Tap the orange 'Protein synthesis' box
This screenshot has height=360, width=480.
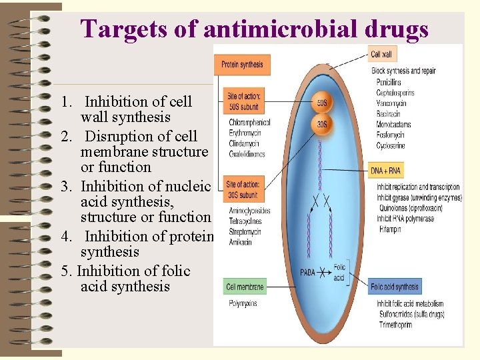click(241, 65)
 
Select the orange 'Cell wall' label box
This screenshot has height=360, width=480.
click(381, 55)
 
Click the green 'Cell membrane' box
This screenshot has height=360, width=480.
click(245, 287)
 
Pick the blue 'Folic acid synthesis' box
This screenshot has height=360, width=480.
click(395, 287)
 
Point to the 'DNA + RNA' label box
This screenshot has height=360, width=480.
click(386, 171)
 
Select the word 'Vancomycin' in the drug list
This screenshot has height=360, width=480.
click(392, 104)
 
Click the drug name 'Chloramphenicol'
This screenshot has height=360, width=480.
click(249, 123)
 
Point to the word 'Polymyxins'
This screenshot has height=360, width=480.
click(244, 303)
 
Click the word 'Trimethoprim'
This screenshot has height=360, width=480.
click(394, 325)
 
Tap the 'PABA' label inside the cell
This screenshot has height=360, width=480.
click(307, 272)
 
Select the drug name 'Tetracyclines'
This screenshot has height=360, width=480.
click(246, 221)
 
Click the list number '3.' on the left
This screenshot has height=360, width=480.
click(67, 187)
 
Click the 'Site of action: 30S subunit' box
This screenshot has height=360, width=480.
click(242, 190)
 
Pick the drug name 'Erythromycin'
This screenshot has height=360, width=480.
click(245, 133)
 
